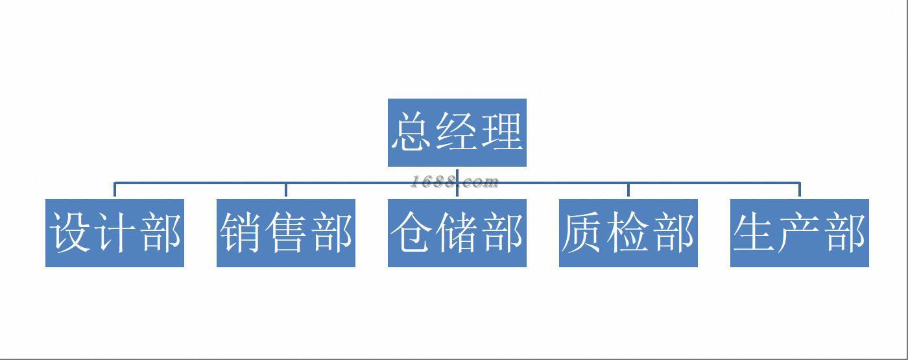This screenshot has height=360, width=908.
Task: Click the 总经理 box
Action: (x=457, y=132)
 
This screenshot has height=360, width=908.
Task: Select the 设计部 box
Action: (x=115, y=233)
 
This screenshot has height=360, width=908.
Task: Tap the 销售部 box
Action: (x=286, y=233)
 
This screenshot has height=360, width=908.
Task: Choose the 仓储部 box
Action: (x=457, y=233)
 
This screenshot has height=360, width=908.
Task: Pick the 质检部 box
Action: (x=628, y=233)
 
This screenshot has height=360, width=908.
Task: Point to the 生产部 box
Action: (x=799, y=233)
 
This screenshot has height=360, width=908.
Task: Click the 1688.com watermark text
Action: (x=454, y=182)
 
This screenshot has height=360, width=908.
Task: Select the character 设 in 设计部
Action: (x=70, y=233)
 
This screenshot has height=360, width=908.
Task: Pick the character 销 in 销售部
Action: (x=241, y=233)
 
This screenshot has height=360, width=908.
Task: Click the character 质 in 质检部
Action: (x=583, y=233)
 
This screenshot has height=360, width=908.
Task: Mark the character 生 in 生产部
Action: (x=754, y=233)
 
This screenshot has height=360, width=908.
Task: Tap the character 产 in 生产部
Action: (x=799, y=233)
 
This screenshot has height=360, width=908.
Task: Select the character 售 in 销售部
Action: (x=286, y=233)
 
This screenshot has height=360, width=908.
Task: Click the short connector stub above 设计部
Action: (x=115, y=191)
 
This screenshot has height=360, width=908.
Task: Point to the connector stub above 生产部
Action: (x=799, y=191)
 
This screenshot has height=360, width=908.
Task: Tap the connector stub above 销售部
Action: (x=286, y=191)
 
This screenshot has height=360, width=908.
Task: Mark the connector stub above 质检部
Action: (x=628, y=191)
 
